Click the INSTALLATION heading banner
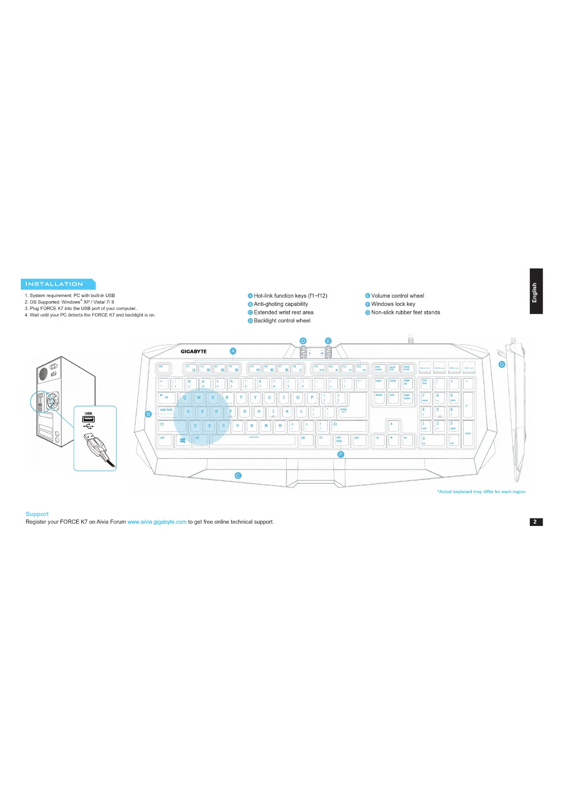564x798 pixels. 57,284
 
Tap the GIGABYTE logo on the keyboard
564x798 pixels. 194,351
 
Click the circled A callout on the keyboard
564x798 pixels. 233,351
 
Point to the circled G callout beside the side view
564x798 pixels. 502,364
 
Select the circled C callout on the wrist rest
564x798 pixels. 238,475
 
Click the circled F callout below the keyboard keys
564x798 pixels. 341,455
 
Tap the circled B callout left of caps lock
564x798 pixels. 148,414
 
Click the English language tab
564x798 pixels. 536,292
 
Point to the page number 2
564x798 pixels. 536,522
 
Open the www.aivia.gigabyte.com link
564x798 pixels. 157,522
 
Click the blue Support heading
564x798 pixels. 37,514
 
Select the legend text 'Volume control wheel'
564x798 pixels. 397,296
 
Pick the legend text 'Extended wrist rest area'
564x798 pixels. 284,313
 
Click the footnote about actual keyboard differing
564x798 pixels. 482,491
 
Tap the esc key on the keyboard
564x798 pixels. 163,368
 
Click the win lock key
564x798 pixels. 341,440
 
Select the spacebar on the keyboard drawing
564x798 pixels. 253,440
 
